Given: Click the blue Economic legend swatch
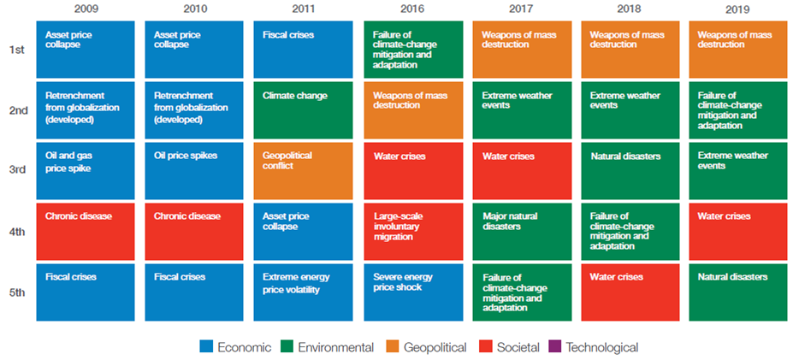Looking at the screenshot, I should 206,347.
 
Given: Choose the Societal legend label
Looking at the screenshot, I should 515,347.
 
